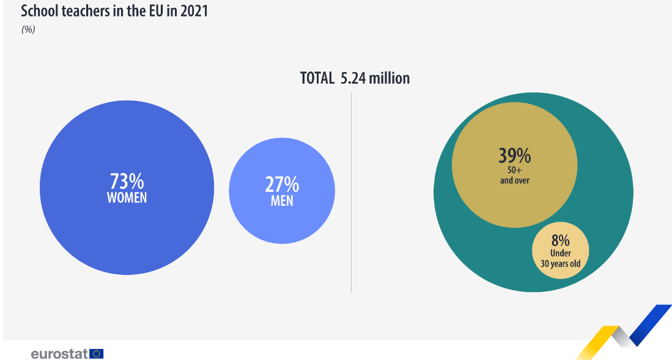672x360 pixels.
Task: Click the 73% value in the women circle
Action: click(127, 182)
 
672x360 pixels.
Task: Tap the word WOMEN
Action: click(127, 198)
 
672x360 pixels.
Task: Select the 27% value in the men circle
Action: click(282, 185)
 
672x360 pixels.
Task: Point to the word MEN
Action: click(282, 200)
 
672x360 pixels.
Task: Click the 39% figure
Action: click(514, 156)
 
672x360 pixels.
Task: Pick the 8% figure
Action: click(560, 240)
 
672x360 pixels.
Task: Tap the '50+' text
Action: click(514, 171)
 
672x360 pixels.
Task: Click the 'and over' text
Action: click(514, 180)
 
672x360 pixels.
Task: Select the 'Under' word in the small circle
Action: click(560, 254)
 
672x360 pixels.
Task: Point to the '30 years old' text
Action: click(560, 264)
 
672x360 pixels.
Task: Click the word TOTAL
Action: click(317, 78)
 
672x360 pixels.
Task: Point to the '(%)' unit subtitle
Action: click(28, 29)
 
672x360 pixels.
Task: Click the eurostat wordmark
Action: click(59, 353)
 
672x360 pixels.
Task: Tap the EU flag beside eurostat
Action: click(97, 353)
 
